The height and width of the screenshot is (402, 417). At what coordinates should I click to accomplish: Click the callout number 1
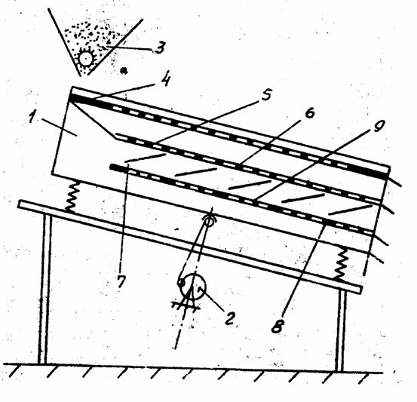[32, 115]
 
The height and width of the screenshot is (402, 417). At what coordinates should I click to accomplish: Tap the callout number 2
[229, 318]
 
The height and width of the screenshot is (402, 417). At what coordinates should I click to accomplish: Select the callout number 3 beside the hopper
[160, 48]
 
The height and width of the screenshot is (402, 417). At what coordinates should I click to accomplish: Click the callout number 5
[265, 95]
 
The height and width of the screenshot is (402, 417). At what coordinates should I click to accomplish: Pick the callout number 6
[310, 112]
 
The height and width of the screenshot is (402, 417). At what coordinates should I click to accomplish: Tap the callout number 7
[121, 281]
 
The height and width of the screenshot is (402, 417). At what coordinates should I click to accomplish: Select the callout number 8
[277, 326]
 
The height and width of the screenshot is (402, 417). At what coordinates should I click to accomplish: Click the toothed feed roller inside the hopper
[86, 58]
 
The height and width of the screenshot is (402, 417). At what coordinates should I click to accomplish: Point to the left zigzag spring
[72, 196]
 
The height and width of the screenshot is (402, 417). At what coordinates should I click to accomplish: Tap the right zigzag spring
[340, 264]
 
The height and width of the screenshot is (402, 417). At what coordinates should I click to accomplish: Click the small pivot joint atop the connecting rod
[210, 222]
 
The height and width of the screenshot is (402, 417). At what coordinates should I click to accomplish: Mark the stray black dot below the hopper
[124, 71]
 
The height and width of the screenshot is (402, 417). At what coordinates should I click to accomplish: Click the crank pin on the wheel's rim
[181, 283]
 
